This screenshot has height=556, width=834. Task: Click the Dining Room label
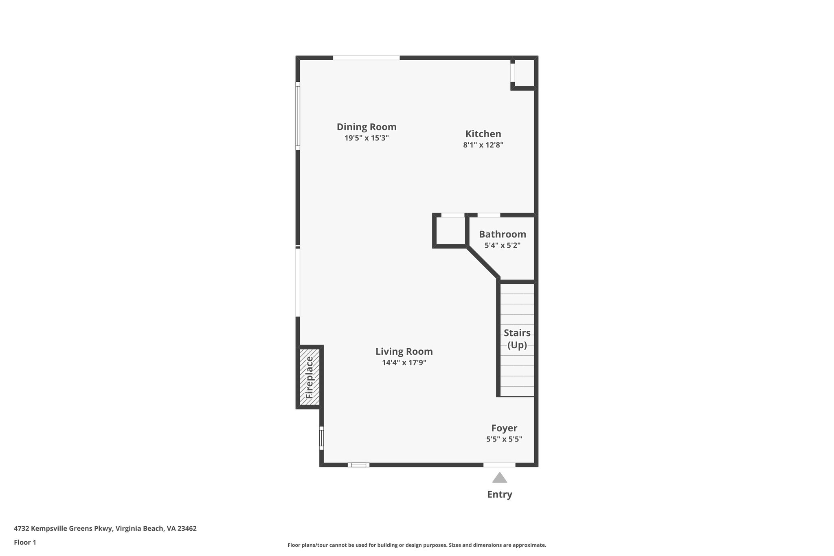(x=366, y=127)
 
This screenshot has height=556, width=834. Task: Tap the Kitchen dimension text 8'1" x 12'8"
(x=483, y=145)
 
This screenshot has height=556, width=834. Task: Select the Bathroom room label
(x=502, y=234)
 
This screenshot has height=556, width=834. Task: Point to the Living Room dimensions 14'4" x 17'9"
(x=404, y=363)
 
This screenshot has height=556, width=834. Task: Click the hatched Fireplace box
(x=309, y=377)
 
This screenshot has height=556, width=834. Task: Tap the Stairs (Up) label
(x=517, y=339)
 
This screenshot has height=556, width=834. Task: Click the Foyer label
(x=504, y=428)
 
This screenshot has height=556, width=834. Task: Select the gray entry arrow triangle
(x=499, y=478)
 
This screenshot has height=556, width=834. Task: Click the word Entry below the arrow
(x=499, y=494)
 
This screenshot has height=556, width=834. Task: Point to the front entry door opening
(x=499, y=465)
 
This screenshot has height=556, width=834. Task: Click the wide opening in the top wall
(x=366, y=58)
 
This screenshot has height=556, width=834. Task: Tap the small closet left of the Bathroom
(x=450, y=231)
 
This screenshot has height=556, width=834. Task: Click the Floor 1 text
(x=25, y=543)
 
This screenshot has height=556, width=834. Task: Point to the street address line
(x=105, y=529)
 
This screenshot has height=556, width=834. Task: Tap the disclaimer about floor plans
(x=417, y=545)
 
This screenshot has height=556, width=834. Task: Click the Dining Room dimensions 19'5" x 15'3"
(x=366, y=138)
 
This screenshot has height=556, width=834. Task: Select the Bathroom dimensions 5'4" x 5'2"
(x=502, y=246)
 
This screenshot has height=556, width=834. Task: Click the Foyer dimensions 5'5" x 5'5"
(x=504, y=439)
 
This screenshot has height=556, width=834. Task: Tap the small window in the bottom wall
(x=358, y=465)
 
